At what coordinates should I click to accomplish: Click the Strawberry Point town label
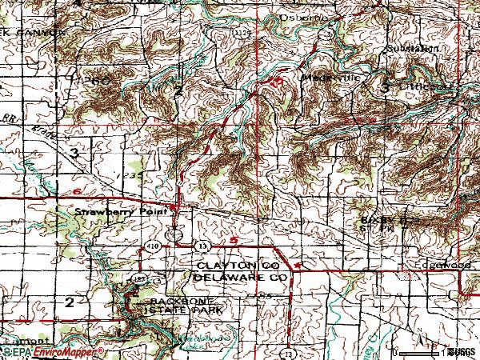[x=120, y=213]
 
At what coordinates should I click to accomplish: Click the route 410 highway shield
[x=152, y=246]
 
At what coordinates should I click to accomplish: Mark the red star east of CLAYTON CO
[x=298, y=263]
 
